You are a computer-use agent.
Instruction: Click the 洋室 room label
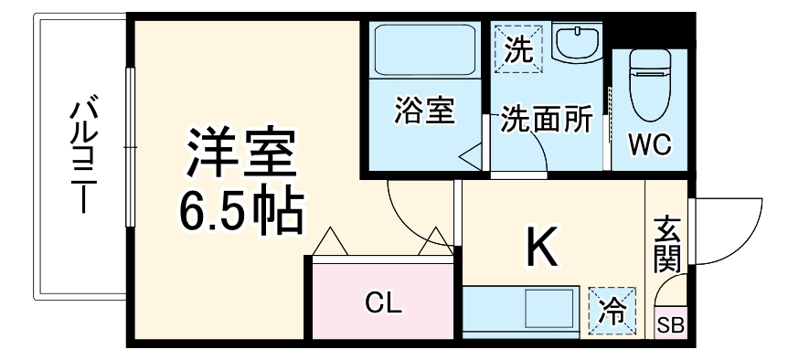242,155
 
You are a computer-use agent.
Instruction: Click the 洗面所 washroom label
545,121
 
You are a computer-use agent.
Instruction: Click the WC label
650,145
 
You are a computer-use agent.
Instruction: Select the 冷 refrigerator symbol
608,310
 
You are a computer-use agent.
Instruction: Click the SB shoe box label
671,323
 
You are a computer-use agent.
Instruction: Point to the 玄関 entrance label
667,241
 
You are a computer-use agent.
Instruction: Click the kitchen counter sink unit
521,311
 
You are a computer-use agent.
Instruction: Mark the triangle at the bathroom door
472,157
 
